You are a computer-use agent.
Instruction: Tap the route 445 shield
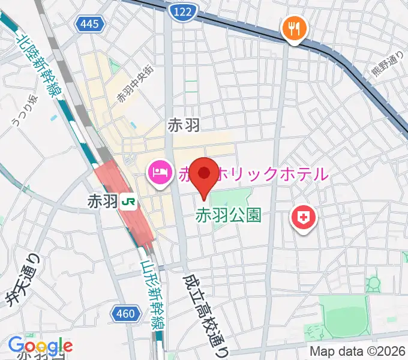pos(91,25)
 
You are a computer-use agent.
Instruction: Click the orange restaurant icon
pos(294,28)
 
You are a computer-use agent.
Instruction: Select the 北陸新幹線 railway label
pos(35,67)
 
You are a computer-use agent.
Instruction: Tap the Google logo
pos(40,346)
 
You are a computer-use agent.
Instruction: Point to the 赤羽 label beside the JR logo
pos(103,202)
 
